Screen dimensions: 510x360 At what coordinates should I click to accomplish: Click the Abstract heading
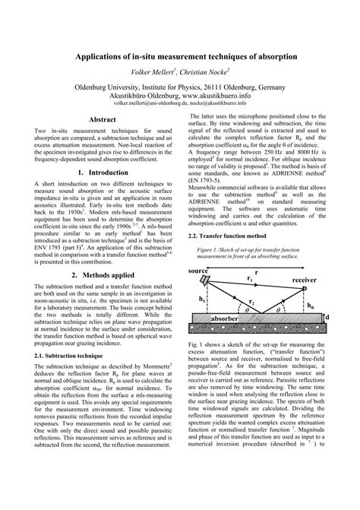tap(103, 120)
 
